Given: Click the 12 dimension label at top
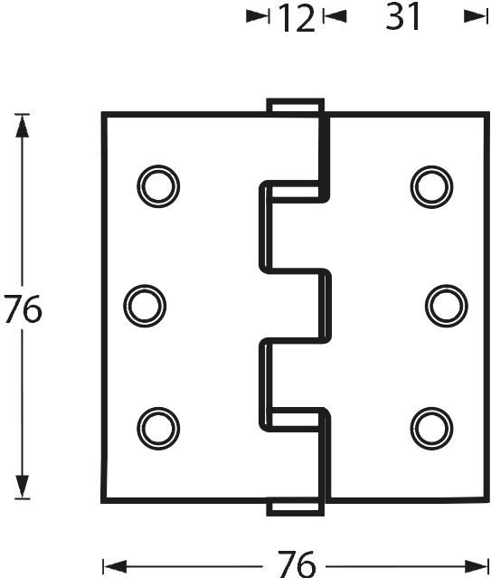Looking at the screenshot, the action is (x=297, y=18).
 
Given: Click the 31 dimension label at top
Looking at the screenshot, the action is (x=402, y=16).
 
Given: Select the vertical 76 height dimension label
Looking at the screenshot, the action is (x=23, y=309).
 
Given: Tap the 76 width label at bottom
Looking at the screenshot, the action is (x=297, y=564).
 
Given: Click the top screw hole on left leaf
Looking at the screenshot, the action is (x=158, y=186).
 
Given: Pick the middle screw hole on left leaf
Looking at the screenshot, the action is (x=145, y=306).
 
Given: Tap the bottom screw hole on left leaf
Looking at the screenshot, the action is (x=158, y=429).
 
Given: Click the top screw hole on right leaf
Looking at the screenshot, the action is (x=431, y=187).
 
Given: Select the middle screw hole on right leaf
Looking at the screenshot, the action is (x=447, y=306).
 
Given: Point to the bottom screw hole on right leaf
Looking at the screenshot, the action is (x=431, y=429).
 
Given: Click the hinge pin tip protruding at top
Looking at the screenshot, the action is (x=296, y=106).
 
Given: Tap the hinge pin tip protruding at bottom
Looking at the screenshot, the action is (x=296, y=507).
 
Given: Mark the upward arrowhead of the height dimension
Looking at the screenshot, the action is (x=22, y=126).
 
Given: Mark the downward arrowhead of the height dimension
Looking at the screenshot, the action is (x=22, y=487).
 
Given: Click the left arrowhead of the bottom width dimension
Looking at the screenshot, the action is (x=115, y=566).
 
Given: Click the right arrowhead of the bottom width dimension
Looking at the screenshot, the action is (x=477, y=566).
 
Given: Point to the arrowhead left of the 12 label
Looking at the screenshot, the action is (x=258, y=16).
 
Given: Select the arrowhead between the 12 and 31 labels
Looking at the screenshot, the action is (x=335, y=16).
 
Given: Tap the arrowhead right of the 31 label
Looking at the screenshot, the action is (x=477, y=16).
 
